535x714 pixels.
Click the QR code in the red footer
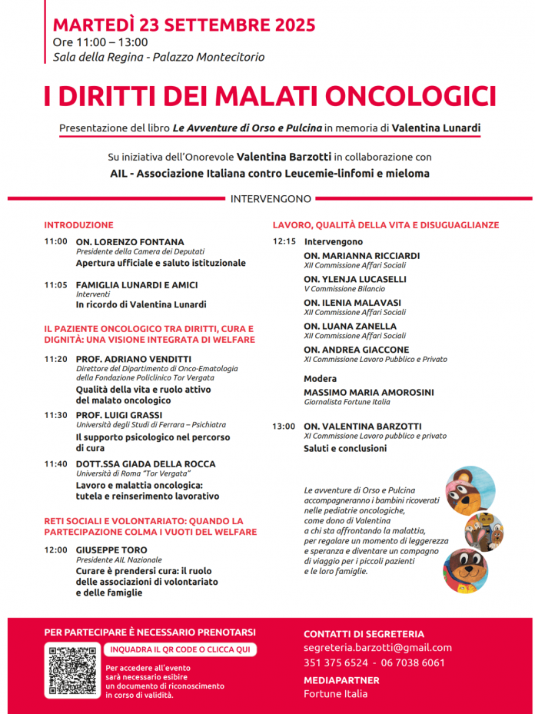(71, 670)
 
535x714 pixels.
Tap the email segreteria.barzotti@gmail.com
(377, 648)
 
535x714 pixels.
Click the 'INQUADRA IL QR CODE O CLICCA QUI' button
(179, 649)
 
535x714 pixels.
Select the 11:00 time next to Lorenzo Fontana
(56, 241)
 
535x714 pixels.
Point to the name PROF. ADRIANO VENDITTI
(134, 359)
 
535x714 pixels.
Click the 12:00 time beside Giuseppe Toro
(56, 550)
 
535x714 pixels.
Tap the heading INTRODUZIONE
(78, 225)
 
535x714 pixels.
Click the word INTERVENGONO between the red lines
(271, 199)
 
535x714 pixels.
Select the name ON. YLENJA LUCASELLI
(355, 279)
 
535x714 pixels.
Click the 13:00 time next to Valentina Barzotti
(284, 427)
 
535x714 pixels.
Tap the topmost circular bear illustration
(470, 488)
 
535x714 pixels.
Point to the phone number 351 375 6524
(336, 663)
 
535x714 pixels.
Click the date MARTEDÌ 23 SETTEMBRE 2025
(184, 24)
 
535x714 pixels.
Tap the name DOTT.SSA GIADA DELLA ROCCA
(146, 464)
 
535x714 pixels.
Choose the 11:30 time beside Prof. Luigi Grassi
(56, 415)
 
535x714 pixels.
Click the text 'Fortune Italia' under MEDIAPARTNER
(336, 694)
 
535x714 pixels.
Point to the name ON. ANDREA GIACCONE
(357, 350)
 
